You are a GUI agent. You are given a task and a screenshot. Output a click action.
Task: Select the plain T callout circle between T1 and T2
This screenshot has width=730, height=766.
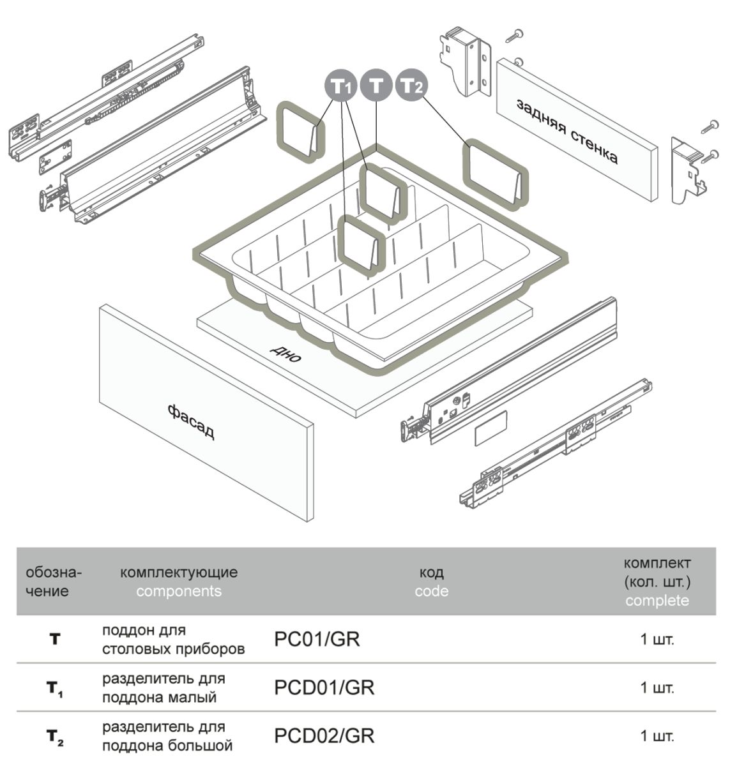point(376,84)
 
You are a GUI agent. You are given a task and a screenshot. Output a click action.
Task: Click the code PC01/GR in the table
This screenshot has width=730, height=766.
point(317,639)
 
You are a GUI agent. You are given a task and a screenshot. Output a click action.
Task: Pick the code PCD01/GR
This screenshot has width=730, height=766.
point(324,687)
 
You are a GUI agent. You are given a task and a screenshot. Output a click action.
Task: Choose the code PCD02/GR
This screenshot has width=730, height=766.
point(324,736)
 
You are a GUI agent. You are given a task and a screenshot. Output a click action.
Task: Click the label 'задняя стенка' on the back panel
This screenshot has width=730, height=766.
point(567,131)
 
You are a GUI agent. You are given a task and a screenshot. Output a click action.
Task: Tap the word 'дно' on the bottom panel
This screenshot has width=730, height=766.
point(285,353)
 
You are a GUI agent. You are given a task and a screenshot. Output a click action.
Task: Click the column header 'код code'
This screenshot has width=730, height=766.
point(431,582)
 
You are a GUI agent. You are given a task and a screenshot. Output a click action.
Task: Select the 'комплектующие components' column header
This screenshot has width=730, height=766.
point(179,582)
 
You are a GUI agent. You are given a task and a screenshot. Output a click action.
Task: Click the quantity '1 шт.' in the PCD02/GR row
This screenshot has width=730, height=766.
point(657,737)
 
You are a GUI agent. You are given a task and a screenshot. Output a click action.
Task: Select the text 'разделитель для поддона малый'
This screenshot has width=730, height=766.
point(164,687)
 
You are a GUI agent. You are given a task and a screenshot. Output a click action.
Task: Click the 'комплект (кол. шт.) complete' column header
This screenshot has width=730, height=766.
point(657,582)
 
